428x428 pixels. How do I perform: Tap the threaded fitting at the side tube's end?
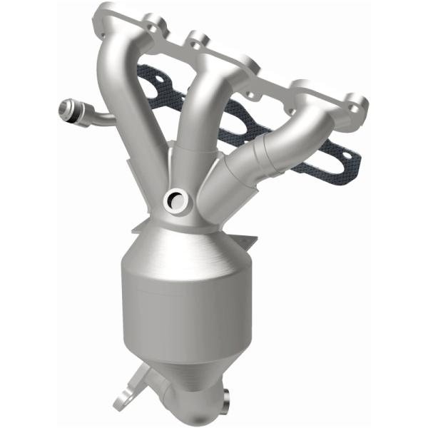pos(68,111)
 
